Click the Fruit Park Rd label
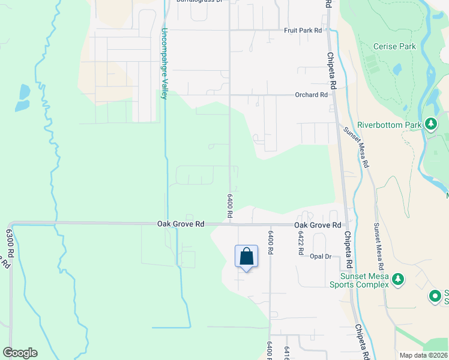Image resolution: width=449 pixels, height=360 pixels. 303,30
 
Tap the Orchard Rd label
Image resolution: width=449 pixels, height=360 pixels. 311,95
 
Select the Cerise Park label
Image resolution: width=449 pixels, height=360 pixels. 394,46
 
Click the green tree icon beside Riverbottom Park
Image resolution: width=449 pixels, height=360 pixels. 430,124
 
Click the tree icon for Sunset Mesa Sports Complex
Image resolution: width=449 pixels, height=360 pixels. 397,278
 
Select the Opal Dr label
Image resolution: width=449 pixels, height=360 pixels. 321,256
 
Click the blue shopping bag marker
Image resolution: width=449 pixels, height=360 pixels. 246,257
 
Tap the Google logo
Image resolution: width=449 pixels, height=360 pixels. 20,353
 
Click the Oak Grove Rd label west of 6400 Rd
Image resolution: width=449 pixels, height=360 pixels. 181,224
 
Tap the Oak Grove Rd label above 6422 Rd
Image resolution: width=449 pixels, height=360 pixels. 318,225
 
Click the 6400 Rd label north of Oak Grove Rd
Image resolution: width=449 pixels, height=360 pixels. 229,205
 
